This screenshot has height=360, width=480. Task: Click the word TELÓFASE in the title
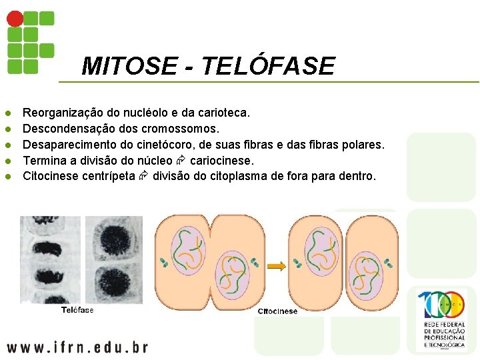point(267,66)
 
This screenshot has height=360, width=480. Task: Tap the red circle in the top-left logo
point(15,19)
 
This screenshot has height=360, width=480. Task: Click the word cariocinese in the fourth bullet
point(222,161)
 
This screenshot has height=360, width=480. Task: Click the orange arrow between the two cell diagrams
point(276,266)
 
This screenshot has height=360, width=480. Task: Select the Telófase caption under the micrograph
point(77,310)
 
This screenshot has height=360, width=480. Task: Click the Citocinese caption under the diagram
point(277,311)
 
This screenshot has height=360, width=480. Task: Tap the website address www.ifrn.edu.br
point(77,347)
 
